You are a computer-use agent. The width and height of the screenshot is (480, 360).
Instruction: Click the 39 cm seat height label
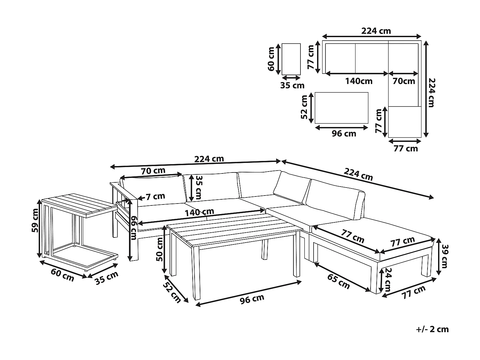pyautogui.click(x=444, y=256)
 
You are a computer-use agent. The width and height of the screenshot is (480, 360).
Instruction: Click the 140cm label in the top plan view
pyautogui.click(x=358, y=81)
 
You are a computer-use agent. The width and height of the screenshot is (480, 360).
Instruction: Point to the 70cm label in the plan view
pyautogui.click(x=404, y=81)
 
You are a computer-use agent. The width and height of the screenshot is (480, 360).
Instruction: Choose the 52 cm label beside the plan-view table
pyautogui.click(x=304, y=107)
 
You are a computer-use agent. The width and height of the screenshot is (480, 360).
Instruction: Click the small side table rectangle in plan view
pyautogui.click(x=291, y=59)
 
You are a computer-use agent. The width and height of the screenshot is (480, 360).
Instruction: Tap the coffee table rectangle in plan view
pyautogui.click(x=341, y=108)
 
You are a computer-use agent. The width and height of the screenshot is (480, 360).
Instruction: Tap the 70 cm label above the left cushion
pyautogui.click(x=153, y=171)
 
